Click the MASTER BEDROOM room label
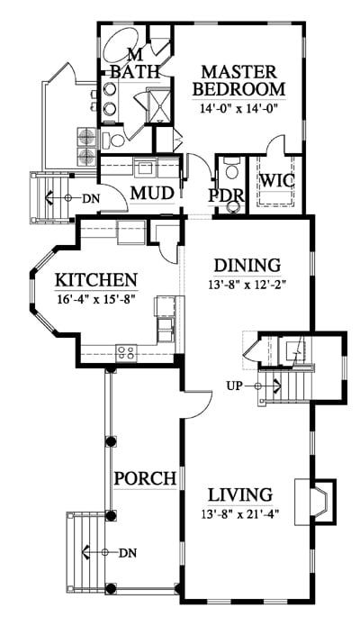tap(238, 81)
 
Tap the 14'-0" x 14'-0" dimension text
tap(238, 108)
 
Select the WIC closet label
tap(277, 180)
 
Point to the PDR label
tap(226, 195)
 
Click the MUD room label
tap(152, 194)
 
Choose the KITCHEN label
tap(95, 280)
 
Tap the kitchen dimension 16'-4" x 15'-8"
tap(95, 299)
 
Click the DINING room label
tap(247, 266)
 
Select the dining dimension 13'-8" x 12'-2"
tap(247, 285)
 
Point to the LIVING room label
tap(240, 494)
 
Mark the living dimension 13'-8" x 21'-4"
tap(240, 513)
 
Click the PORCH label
tap(145, 478)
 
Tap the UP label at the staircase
tap(235, 386)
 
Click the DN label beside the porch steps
tap(128, 553)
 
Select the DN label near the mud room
tap(91, 198)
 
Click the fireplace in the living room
tap(315, 502)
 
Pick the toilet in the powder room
tap(231, 169)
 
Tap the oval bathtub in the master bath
tap(121, 44)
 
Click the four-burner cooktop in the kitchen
tap(126, 353)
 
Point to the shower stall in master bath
tap(159, 105)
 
